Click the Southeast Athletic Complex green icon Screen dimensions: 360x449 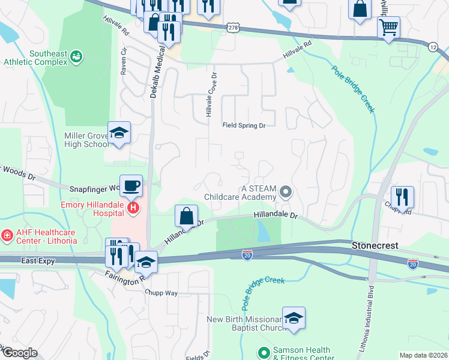[x=76, y=56]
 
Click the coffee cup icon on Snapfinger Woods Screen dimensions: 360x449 [x=131, y=185]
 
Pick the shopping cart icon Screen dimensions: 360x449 [x=388, y=27]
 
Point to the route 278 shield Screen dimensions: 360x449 [x=234, y=28]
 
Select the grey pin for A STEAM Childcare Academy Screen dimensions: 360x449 [x=286, y=193]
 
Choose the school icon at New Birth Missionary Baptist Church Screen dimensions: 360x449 [x=294, y=318]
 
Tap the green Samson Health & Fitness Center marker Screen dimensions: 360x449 [x=262, y=353]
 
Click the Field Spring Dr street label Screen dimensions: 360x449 [x=244, y=125]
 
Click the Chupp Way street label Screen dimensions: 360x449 [x=161, y=293]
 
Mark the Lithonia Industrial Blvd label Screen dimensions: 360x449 [x=369, y=318]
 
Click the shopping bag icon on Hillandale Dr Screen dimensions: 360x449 [x=187, y=215]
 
